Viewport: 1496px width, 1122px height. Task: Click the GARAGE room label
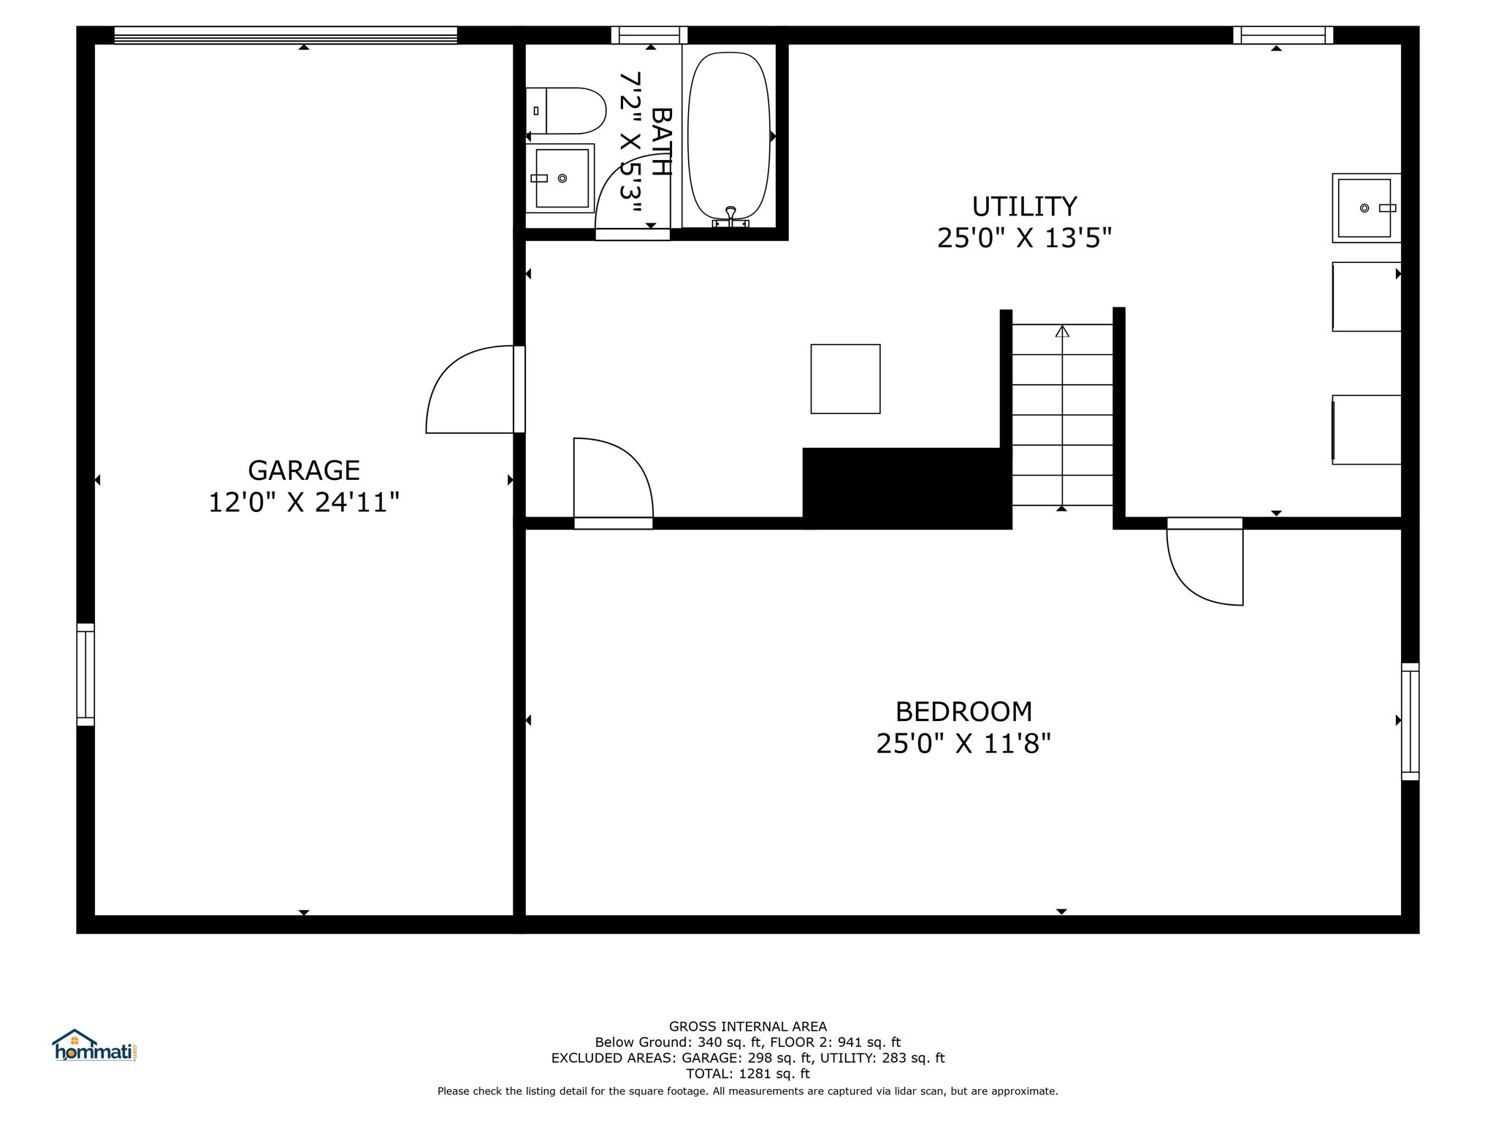[304, 470]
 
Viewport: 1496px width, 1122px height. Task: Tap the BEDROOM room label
[963, 711]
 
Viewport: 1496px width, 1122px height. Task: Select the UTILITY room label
[1024, 207]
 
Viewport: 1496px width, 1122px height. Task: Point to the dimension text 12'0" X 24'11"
[304, 503]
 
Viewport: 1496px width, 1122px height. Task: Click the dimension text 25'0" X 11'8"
[963, 744]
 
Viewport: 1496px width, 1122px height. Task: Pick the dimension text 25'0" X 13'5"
[1024, 238]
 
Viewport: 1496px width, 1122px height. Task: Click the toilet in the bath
[566, 111]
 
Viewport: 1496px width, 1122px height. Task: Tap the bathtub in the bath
[729, 137]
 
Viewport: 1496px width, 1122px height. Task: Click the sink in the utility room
[1366, 208]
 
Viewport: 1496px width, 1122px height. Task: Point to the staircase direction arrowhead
[1062, 331]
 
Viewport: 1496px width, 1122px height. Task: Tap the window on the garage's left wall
[85, 675]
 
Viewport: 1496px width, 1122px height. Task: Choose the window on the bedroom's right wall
[1410, 722]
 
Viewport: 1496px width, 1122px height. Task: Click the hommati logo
[94, 1046]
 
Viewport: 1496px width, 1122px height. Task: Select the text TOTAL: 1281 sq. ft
[747, 1074]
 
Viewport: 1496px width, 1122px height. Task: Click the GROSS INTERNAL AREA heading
[748, 1026]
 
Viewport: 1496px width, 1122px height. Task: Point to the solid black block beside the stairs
[907, 488]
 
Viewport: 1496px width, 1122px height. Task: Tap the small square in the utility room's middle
[845, 379]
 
